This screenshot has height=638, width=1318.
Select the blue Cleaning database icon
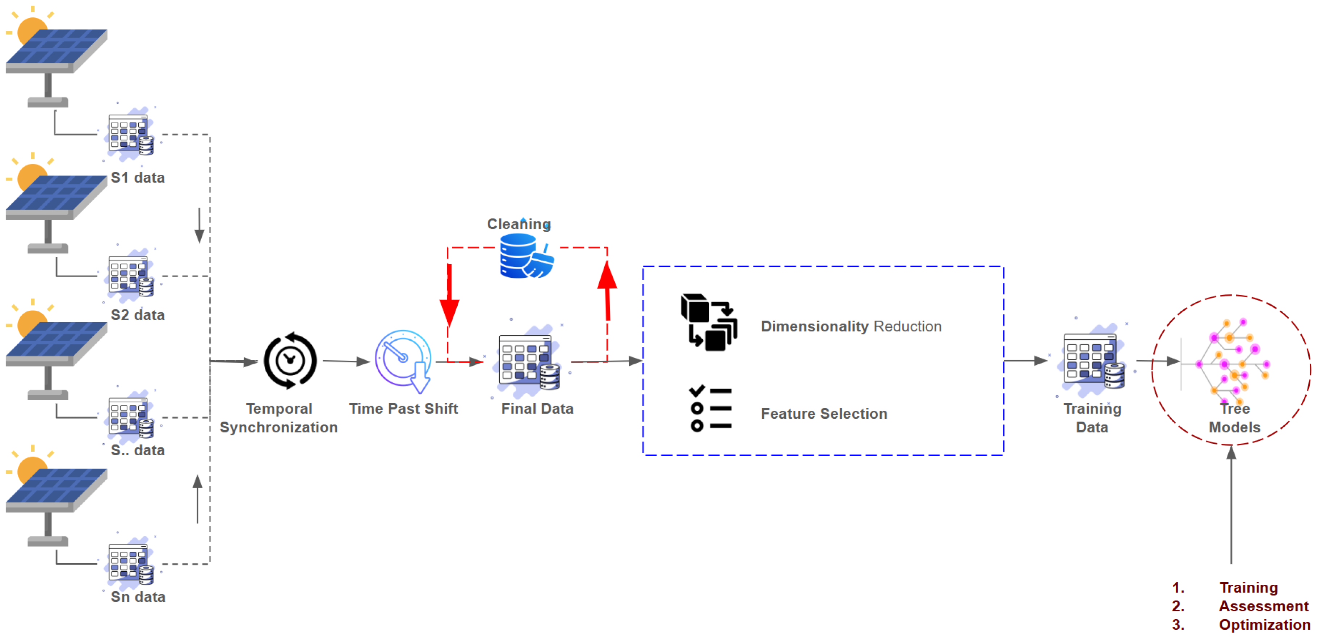point(524,256)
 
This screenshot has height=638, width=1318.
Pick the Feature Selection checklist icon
point(710,408)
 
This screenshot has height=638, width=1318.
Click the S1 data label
point(138,178)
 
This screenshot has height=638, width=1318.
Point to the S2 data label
point(138,315)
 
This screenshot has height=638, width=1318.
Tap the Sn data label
point(138,597)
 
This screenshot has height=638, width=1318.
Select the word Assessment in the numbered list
point(1263,606)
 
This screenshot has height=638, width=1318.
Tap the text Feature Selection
point(824,414)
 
